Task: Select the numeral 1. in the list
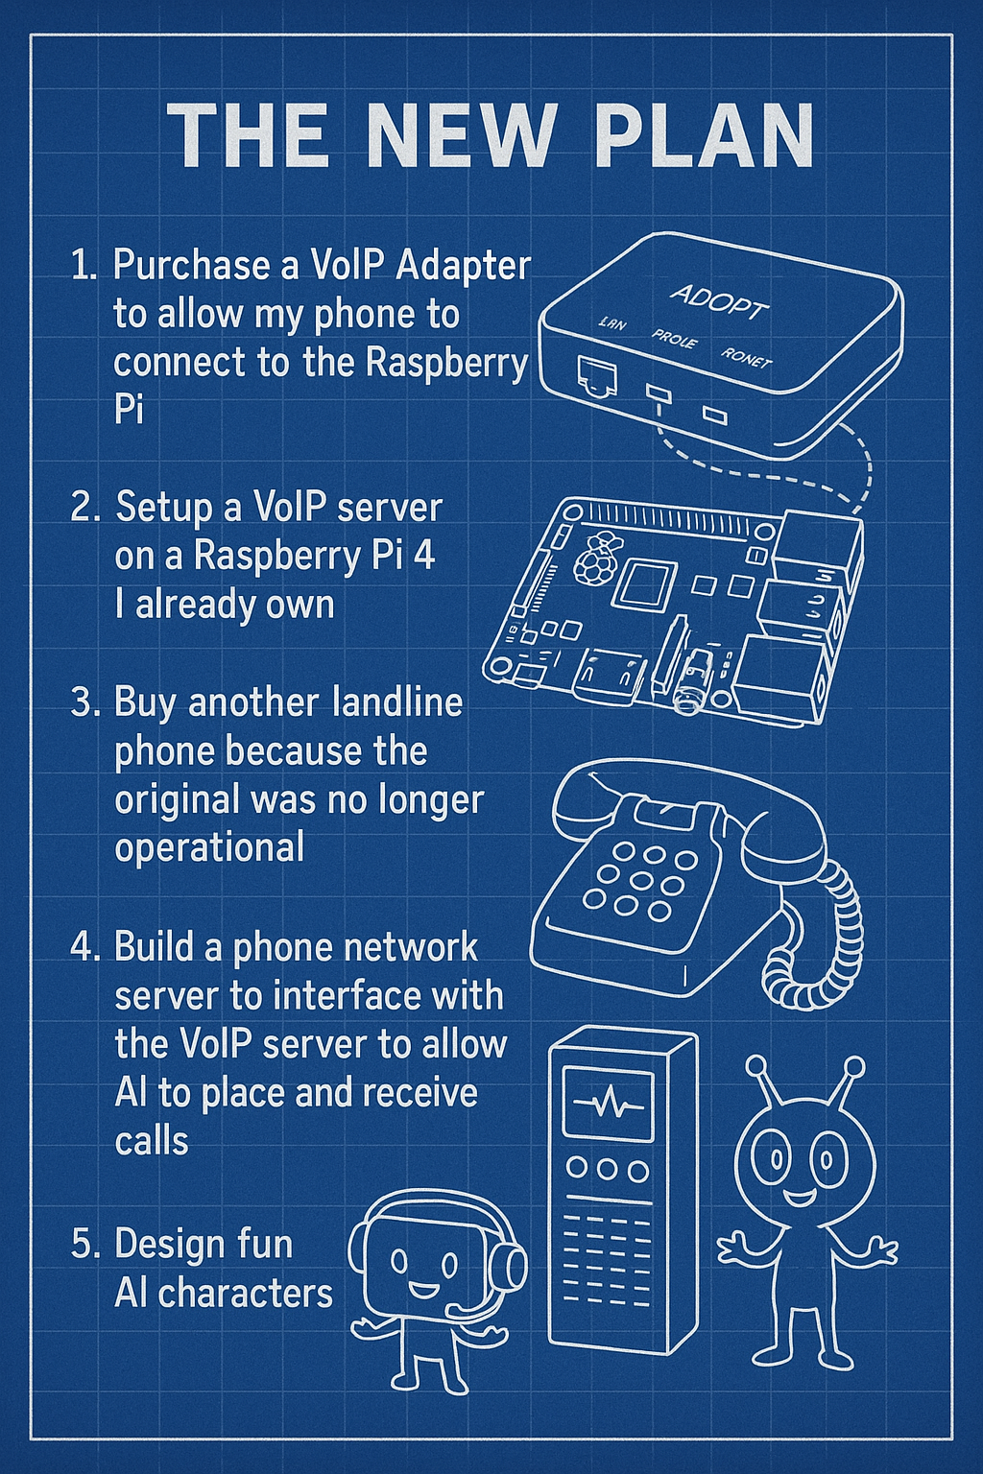click(84, 266)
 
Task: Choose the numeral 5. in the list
click(84, 1245)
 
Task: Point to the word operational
click(209, 847)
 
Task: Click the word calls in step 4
click(151, 1141)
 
